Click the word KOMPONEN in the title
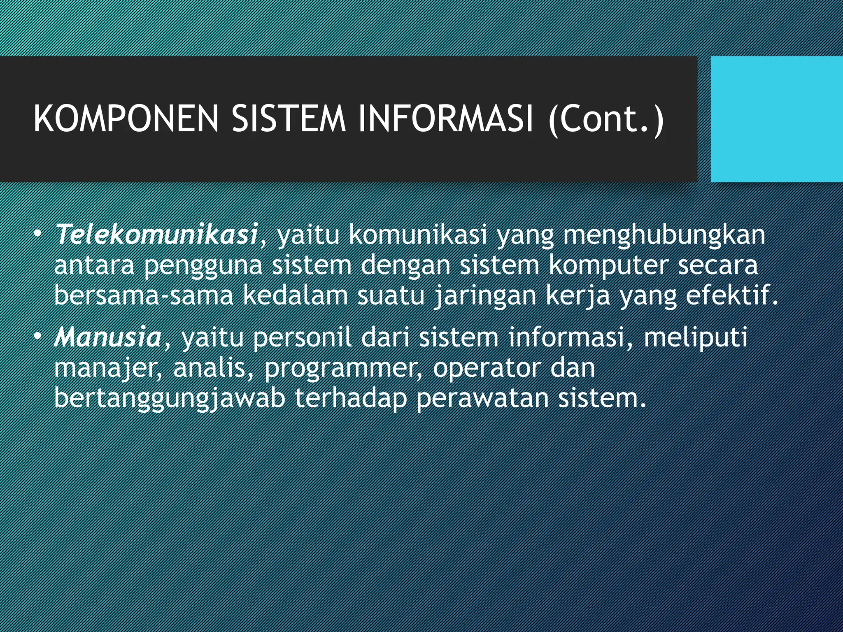pos(126,119)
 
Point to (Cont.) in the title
pos(606,119)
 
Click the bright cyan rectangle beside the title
pos(777,119)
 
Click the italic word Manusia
pos(108,337)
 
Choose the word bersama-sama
pos(144,296)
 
